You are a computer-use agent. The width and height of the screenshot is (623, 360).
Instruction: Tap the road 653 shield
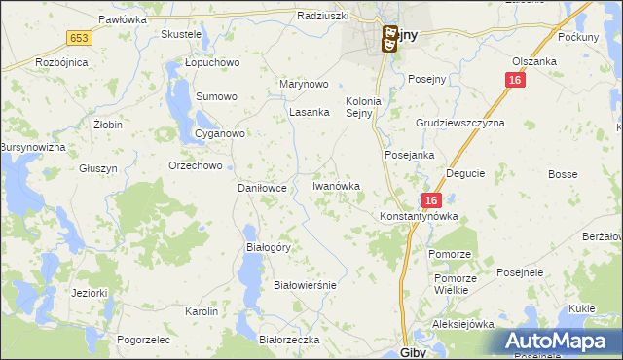click(x=80, y=37)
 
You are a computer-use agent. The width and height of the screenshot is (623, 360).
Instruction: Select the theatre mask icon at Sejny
click(x=388, y=40)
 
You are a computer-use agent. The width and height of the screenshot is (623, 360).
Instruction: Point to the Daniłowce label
click(x=262, y=188)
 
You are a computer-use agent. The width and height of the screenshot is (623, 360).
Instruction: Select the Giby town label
click(x=413, y=352)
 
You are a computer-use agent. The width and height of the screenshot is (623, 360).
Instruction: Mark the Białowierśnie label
click(x=305, y=285)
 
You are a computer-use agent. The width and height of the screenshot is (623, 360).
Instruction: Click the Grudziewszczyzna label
click(x=460, y=124)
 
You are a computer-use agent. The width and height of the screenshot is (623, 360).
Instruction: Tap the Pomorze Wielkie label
click(x=452, y=283)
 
